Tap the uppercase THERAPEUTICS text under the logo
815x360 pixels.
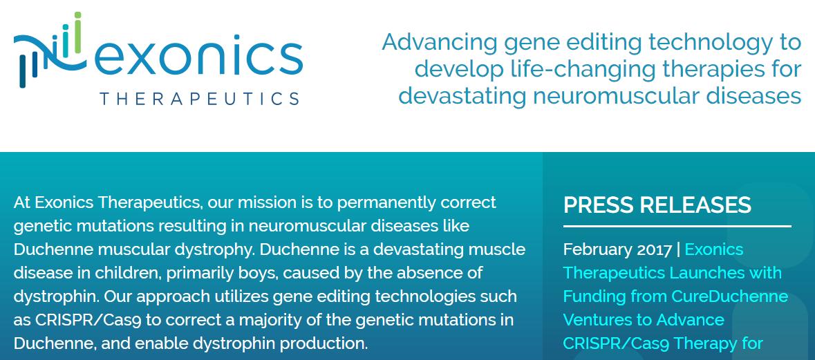point(200,99)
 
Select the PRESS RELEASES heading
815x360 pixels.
point(657,205)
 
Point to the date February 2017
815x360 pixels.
point(617,250)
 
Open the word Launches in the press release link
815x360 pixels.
point(695,273)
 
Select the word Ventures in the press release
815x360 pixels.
point(597,319)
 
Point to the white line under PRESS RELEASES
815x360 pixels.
point(677,227)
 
